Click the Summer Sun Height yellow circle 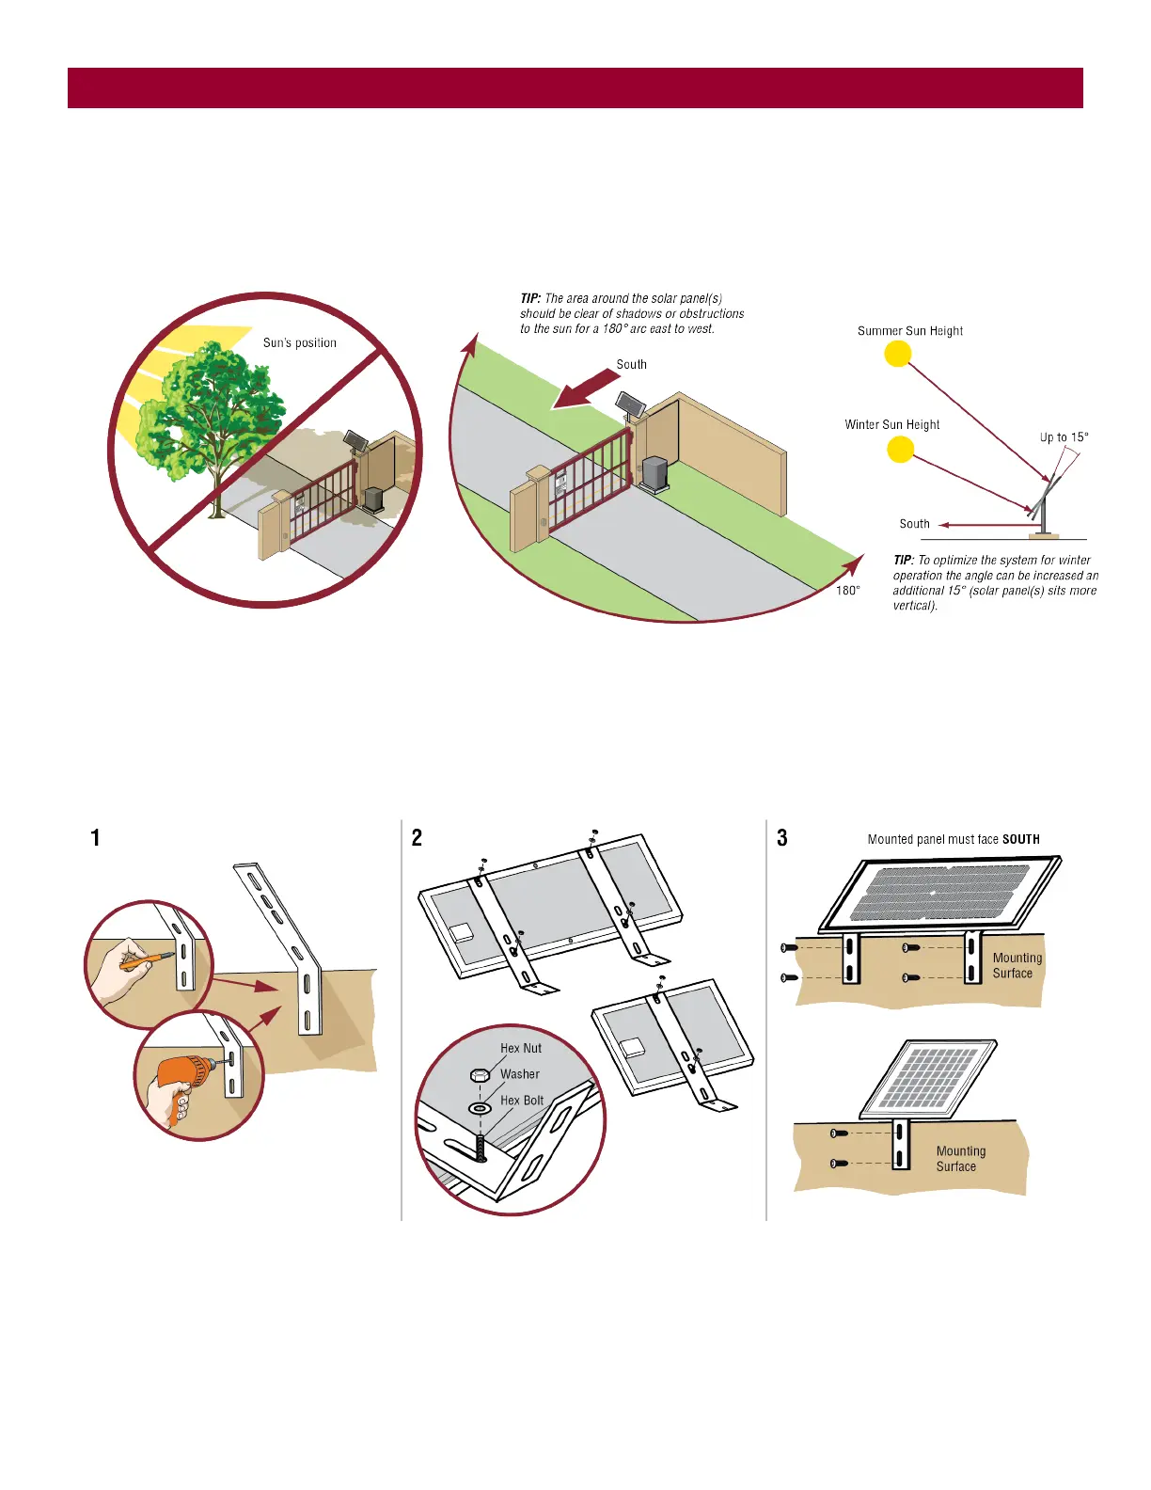(898, 355)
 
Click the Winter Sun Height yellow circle (901, 450)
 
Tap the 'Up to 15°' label (1064, 437)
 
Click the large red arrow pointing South (586, 388)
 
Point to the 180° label (847, 591)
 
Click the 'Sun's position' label (299, 343)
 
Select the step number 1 (95, 838)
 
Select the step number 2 (417, 838)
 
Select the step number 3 (781, 838)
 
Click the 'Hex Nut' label (520, 1048)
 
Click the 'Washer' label (519, 1074)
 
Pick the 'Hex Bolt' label (521, 1101)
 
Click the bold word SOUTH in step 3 (1020, 840)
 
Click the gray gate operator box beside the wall (654, 473)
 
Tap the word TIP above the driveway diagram (529, 298)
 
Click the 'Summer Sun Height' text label (909, 331)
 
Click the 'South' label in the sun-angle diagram (914, 524)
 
